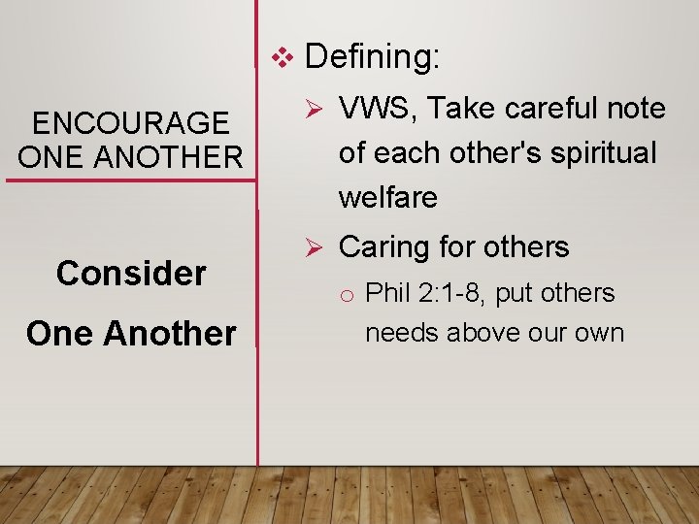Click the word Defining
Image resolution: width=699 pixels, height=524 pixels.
[372, 58]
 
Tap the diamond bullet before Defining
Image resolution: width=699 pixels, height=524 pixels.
[281, 58]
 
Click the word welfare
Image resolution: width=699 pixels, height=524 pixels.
[387, 198]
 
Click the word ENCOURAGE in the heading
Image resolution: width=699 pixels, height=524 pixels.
[131, 124]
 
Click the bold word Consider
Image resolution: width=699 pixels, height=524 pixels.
[131, 274]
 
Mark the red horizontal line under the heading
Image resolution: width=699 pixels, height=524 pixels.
[131, 180]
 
